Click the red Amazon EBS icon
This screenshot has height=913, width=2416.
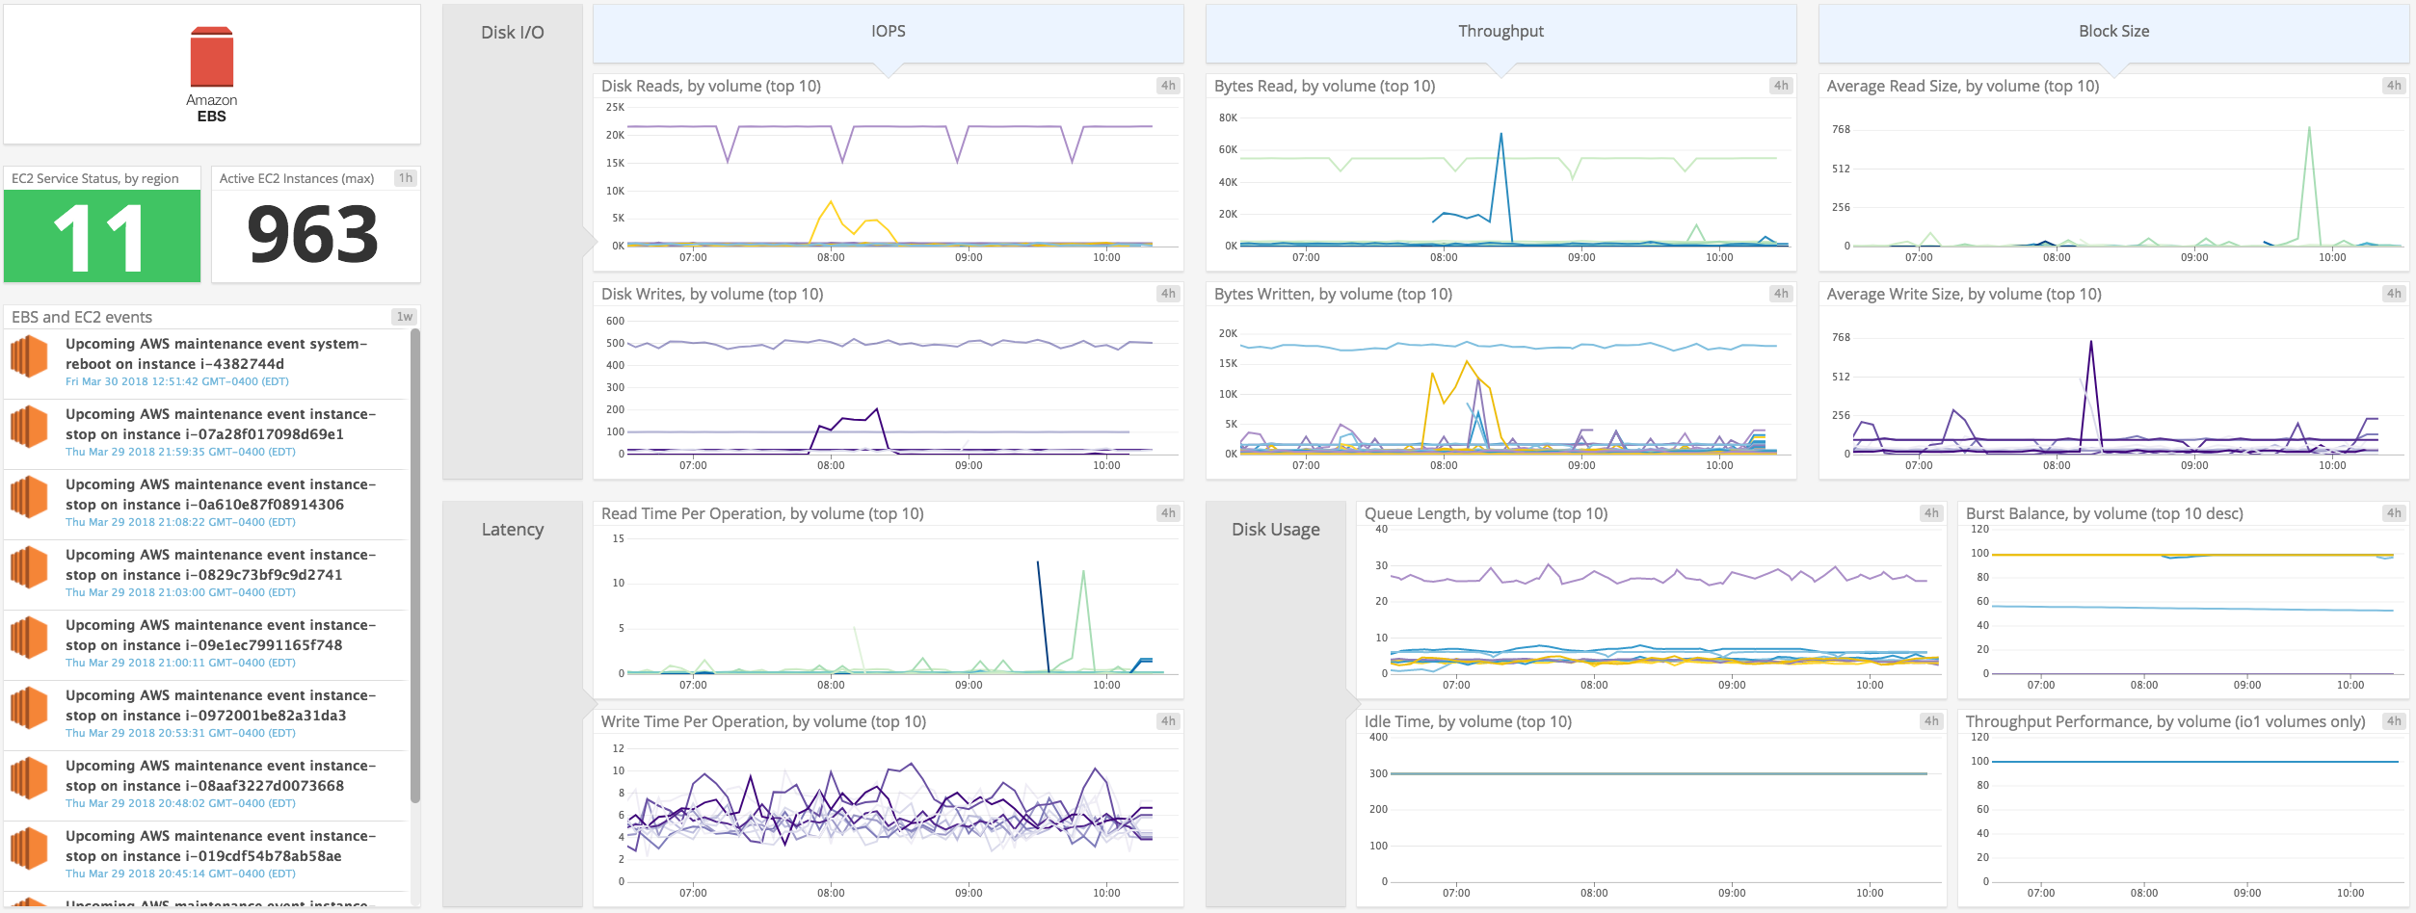click(x=212, y=58)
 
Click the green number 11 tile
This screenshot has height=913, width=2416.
click(x=102, y=236)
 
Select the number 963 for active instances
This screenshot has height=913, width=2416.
click(x=313, y=235)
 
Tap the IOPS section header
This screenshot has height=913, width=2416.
click(x=888, y=32)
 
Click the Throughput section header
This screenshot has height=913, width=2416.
click(x=1500, y=32)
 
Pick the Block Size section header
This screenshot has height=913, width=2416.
click(x=2113, y=32)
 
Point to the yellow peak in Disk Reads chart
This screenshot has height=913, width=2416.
click(x=831, y=202)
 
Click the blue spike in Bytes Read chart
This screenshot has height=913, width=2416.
click(x=1501, y=135)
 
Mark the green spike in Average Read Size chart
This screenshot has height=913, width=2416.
click(x=2309, y=128)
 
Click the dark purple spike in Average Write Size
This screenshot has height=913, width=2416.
click(x=2090, y=342)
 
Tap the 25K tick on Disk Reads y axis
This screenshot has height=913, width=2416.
click(x=615, y=107)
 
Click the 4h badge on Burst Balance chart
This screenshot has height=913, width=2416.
click(x=2394, y=513)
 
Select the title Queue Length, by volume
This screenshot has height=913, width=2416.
click(x=1485, y=514)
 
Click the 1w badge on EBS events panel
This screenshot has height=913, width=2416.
click(x=404, y=317)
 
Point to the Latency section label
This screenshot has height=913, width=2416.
click(x=513, y=530)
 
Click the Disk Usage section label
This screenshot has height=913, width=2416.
click(x=1275, y=530)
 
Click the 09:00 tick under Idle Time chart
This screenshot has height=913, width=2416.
click(x=1732, y=893)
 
